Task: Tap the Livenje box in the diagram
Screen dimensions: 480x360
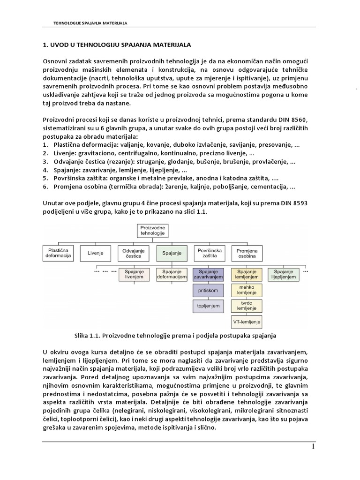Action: [95, 253]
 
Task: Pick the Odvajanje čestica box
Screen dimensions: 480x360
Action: [133, 254]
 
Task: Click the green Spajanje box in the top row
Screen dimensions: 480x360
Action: [171, 253]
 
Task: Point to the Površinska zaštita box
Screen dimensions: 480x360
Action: [209, 254]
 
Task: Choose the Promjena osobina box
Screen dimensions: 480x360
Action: [247, 254]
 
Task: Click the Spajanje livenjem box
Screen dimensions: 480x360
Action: [133, 274]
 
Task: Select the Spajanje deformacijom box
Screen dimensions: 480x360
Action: [171, 274]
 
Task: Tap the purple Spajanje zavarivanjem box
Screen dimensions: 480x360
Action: [209, 274]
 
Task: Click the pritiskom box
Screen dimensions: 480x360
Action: [209, 291]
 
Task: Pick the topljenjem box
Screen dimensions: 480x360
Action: [209, 307]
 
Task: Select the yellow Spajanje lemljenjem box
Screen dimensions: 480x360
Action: [247, 274]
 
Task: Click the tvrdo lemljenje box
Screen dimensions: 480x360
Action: [247, 307]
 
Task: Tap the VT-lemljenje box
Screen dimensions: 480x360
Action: [247, 322]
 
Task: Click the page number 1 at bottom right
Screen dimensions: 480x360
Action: [313, 447]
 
